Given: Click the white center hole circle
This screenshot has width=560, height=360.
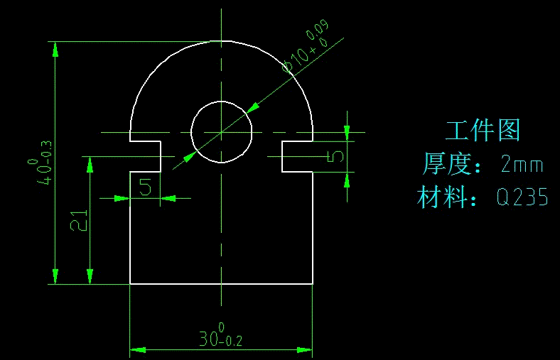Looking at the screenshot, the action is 222,131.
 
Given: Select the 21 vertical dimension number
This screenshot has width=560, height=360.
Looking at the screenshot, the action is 80,220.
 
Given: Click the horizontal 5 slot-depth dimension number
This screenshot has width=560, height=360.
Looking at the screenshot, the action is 146,187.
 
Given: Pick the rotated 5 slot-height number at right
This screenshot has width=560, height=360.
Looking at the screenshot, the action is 338,154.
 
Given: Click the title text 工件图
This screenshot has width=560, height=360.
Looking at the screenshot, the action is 483,130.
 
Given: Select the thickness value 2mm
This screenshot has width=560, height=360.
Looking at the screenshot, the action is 522,165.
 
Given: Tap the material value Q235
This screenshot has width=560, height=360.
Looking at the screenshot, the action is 522,197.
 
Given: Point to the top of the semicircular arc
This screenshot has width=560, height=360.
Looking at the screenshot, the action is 221,41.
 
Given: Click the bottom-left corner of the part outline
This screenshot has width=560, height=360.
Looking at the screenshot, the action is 129,283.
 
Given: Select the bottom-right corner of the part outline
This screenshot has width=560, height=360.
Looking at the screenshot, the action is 313,283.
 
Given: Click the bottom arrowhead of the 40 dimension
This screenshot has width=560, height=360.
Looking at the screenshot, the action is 54,277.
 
